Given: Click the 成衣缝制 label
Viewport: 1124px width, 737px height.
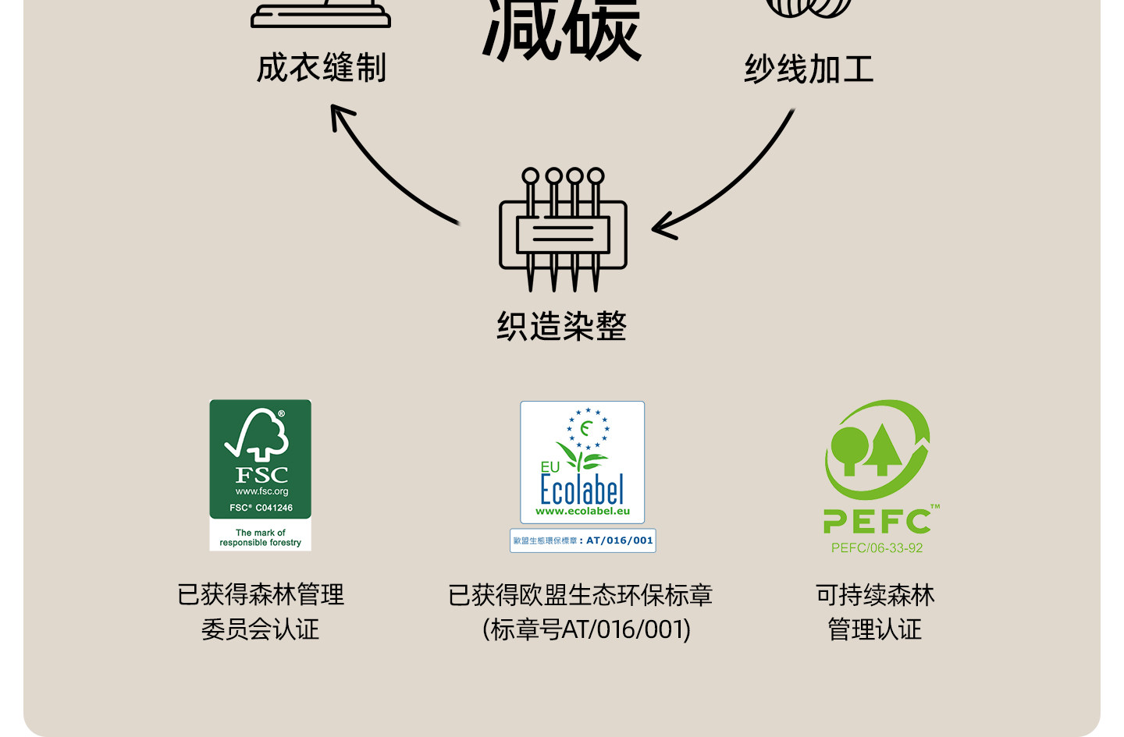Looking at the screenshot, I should [x=322, y=68].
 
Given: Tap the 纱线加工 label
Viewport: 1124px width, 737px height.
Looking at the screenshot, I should [x=809, y=69].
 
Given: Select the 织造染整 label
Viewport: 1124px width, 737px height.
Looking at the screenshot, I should [x=562, y=326].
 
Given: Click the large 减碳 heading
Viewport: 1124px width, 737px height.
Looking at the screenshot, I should [x=562, y=31].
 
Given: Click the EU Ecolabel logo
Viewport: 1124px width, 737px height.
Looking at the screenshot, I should [x=582, y=462].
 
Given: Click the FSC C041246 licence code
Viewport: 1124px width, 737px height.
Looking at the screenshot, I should [x=261, y=508].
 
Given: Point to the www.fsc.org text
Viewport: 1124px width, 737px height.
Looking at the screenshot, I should [x=261, y=491].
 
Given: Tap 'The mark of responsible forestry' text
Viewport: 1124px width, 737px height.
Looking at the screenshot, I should [x=261, y=537].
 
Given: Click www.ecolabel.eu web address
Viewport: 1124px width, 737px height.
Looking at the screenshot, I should [x=582, y=512].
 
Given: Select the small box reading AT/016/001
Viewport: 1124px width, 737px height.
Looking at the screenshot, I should [x=583, y=540].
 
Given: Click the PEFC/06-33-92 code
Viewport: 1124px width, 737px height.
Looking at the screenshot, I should [x=877, y=548].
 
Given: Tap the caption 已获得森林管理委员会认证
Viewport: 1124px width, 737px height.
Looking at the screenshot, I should [x=261, y=611].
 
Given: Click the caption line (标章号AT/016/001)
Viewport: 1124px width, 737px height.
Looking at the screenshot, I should [x=586, y=629].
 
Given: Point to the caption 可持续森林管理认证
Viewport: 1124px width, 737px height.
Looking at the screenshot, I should [x=875, y=611].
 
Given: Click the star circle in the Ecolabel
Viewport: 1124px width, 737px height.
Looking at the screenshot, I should [x=588, y=428].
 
